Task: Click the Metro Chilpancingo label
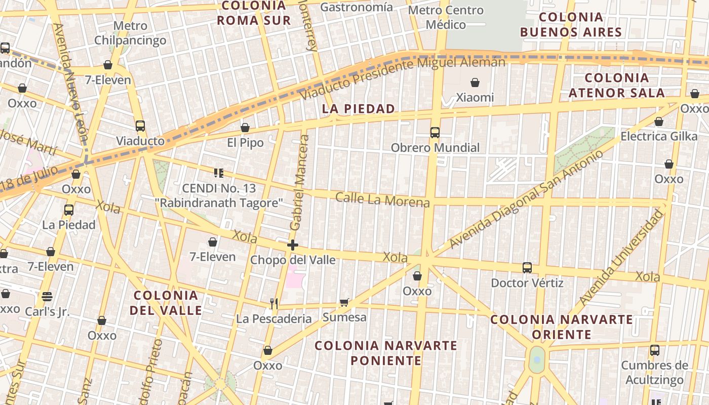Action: pos(130,33)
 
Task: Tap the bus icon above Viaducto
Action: pos(140,126)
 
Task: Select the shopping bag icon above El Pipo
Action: pos(245,128)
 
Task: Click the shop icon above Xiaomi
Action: pos(475,82)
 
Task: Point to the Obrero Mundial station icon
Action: pos(435,133)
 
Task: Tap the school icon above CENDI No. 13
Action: pos(219,173)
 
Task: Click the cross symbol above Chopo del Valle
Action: pos(292,246)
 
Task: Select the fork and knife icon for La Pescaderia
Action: pos(274,304)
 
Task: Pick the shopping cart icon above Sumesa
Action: pos(344,303)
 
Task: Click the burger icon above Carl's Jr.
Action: pos(47,296)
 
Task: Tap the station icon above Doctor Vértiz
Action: pos(527,267)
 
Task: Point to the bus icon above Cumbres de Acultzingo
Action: pos(654,350)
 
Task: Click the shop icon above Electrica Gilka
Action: pos(659,121)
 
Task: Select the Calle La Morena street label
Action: pos(382,199)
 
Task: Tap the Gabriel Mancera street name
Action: pos(299,182)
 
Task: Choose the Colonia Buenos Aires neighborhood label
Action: pos(571,25)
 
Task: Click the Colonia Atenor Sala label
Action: pos(616,85)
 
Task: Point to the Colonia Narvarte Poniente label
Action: pos(386,353)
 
